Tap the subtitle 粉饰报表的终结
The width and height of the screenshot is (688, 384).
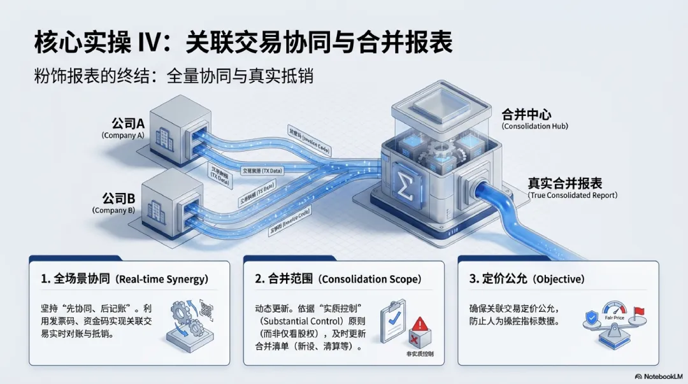[x=173, y=76]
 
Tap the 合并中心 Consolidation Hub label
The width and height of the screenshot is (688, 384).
[x=534, y=119]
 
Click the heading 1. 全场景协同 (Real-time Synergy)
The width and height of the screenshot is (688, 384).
[x=124, y=279]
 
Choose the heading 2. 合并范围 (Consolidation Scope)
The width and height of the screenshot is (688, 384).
[x=338, y=279]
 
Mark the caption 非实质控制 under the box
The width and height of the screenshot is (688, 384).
[x=419, y=353]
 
